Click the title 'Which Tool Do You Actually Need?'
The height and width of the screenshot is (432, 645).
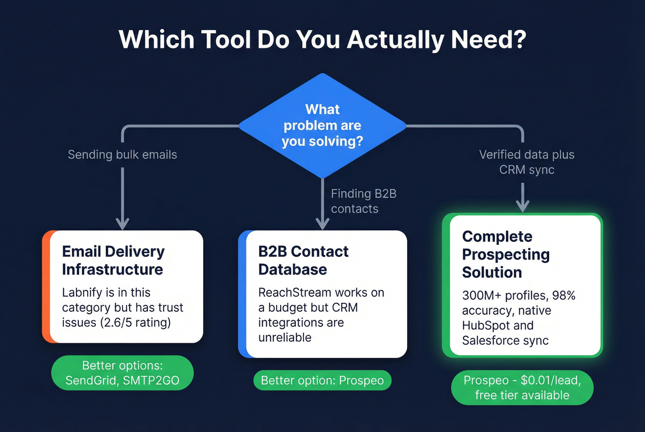[x=322, y=40]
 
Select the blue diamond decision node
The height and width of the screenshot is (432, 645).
[x=322, y=125]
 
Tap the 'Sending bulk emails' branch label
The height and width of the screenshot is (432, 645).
[x=122, y=155]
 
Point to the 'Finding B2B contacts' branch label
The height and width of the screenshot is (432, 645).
[x=363, y=201]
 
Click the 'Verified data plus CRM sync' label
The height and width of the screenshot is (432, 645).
[x=527, y=162]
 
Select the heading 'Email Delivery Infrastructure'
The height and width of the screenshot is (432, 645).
[x=113, y=260]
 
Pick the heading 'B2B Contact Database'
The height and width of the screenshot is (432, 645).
[x=303, y=260]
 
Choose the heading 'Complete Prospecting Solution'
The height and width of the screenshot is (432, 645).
[x=505, y=254]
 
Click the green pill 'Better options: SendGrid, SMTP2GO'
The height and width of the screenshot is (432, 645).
[x=122, y=373]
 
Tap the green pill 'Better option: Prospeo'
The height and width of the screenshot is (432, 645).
[x=322, y=380]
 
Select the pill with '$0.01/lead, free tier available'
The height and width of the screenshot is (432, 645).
[x=522, y=388]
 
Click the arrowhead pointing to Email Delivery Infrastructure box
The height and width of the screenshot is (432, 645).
[x=123, y=224]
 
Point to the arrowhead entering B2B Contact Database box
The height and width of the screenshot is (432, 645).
[x=322, y=224]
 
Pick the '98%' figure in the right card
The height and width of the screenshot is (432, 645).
[x=564, y=295]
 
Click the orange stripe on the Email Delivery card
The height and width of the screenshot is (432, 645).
[x=46, y=287]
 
